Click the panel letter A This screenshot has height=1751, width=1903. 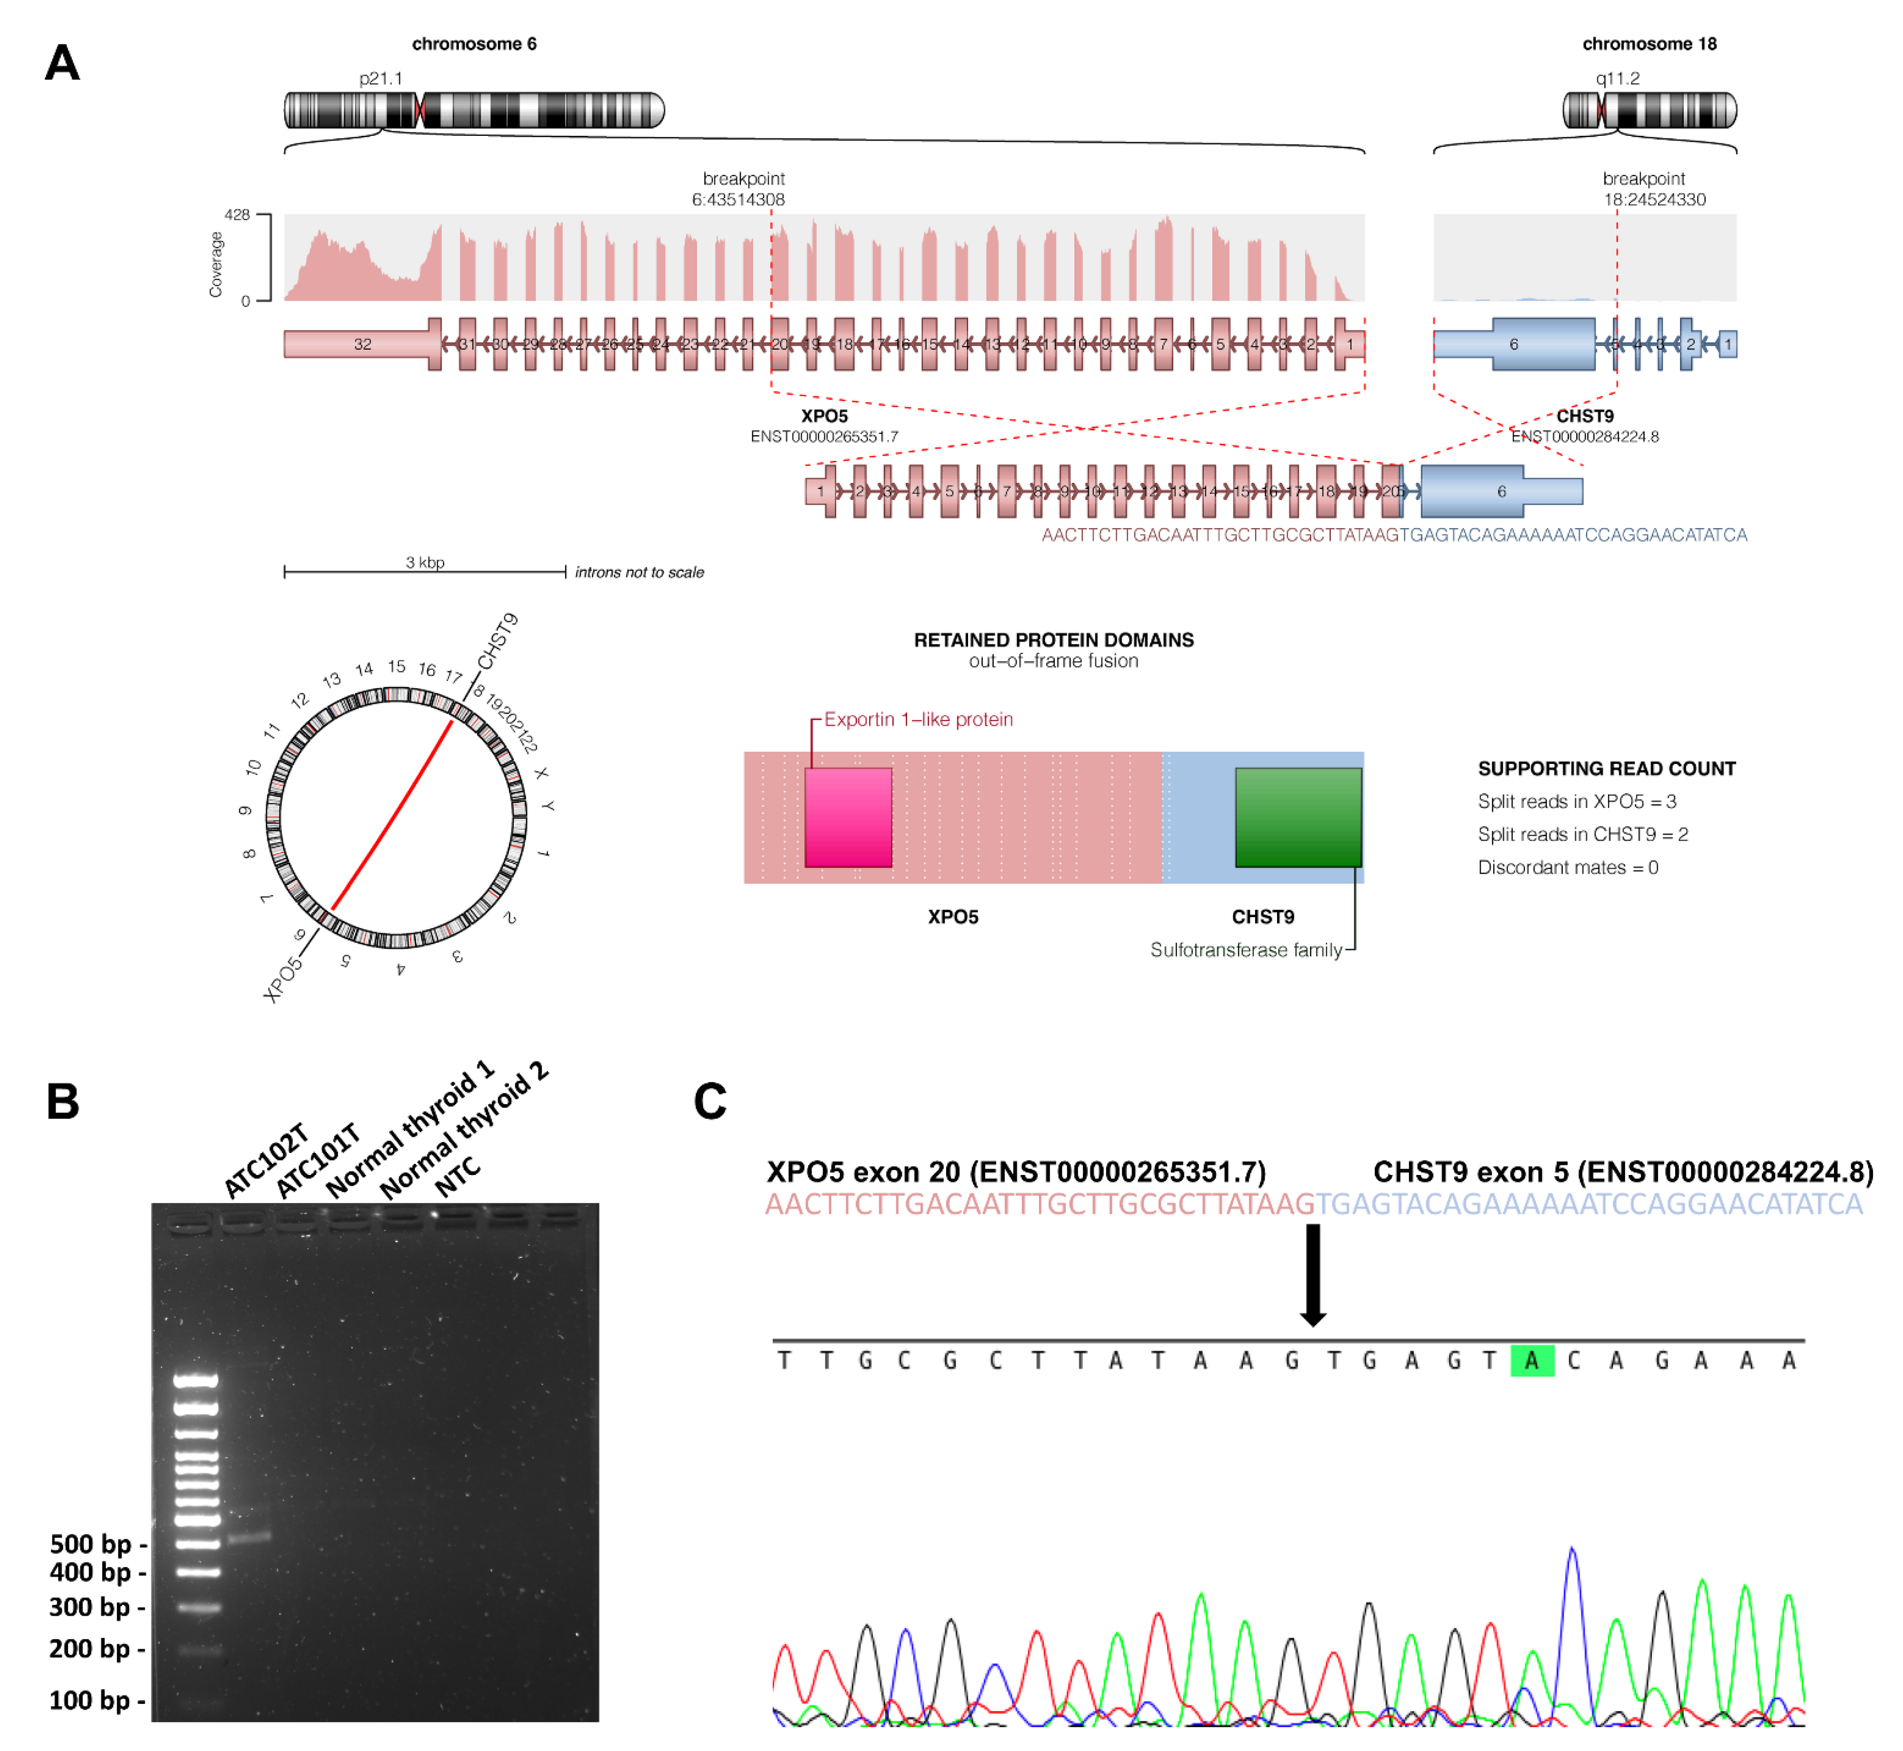(62, 64)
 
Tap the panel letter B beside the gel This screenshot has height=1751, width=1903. (62, 1102)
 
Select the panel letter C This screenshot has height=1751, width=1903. (710, 1102)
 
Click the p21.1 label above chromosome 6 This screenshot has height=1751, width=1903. (381, 78)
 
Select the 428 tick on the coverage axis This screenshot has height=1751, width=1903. (237, 215)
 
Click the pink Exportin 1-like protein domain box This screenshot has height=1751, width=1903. (848, 817)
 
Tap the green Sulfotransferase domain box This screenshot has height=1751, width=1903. (1299, 817)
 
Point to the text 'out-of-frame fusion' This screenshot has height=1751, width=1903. (1053, 661)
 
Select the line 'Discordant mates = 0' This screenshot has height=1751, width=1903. (1568, 868)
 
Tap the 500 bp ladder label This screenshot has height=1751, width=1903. (91, 1544)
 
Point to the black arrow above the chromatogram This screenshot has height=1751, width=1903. (1312, 1274)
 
